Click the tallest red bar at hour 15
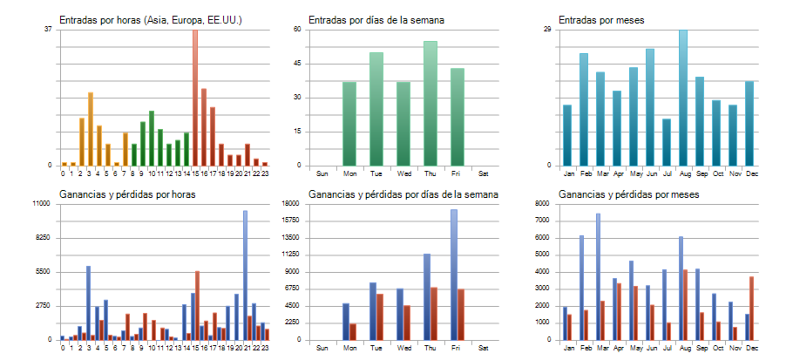tap(195, 97)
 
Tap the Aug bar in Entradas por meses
tap(683, 97)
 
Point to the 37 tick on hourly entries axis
tap(48, 30)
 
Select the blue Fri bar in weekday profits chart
tap(453, 274)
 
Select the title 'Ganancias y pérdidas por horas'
tap(126, 194)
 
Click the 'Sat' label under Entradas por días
tap(484, 173)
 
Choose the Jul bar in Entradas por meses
tap(667, 142)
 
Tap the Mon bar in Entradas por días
tap(349, 123)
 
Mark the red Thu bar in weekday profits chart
tap(434, 313)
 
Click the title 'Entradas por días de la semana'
tap(381, 19)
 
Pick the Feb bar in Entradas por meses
tap(584, 109)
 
